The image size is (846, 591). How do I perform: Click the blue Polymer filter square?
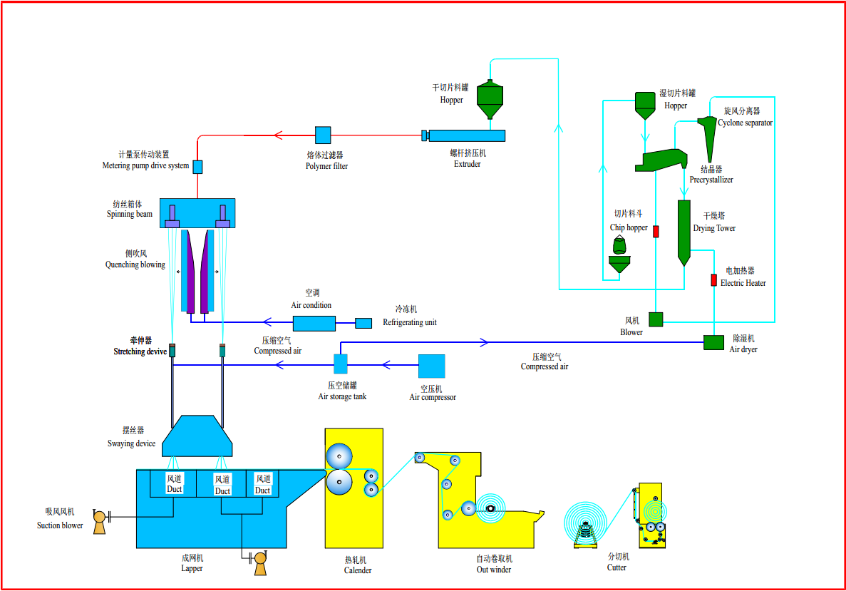(x=323, y=135)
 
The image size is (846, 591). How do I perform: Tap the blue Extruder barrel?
(x=467, y=135)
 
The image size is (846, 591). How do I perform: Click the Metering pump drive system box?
(x=197, y=167)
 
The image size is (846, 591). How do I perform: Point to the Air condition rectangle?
(x=314, y=323)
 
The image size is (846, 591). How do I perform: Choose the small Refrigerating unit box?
(x=363, y=323)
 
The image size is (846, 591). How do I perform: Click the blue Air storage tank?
(x=341, y=364)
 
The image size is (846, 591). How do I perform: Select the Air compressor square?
(x=431, y=366)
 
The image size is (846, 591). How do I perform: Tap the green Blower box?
(x=656, y=319)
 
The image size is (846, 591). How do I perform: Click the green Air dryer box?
(x=713, y=342)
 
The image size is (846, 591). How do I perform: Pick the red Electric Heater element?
(x=713, y=280)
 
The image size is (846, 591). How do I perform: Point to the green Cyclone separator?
(x=708, y=135)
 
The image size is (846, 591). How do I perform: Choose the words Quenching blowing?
(x=135, y=264)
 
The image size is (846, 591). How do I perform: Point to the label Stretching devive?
(x=140, y=351)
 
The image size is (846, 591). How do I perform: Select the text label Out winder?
(x=494, y=570)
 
